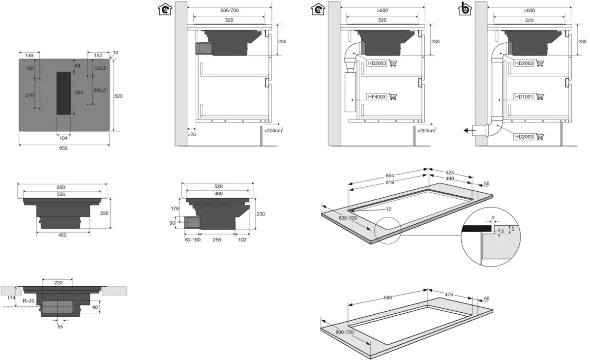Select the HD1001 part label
click(x=524, y=97)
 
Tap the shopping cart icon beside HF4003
click(x=393, y=97)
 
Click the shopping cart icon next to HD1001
click(x=540, y=97)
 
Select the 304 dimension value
click(x=79, y=92)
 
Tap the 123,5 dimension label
click(x=100, y=68)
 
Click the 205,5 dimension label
click(x=100, y=90)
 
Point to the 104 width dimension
click(x=63, y=138)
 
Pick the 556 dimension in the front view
click(x=60, y=194)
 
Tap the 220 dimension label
click(x=58, y=283)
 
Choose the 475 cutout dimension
click(x=448, y=295)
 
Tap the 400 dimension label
click(x=62, y=235)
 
